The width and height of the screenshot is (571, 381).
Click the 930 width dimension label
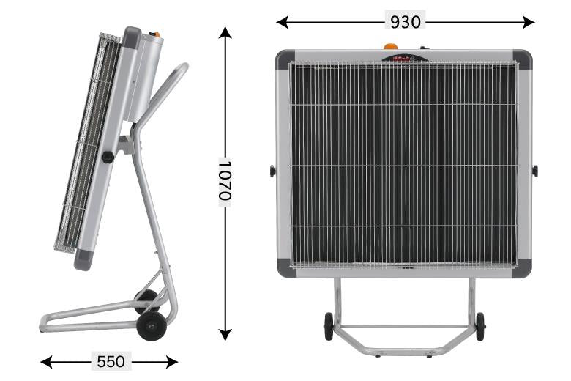[405, 22]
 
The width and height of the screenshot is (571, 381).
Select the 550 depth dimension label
[111, 362]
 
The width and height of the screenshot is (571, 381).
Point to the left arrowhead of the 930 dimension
[283, 22]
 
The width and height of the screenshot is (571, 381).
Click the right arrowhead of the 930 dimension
[529, 22]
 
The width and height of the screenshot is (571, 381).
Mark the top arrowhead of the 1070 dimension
[225, 32]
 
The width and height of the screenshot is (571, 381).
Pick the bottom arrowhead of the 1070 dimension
[225, 334]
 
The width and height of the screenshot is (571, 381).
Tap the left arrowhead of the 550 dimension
[46, 362]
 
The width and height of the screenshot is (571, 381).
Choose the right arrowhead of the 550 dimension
[171, 362]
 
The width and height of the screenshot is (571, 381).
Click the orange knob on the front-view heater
[390, 47]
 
